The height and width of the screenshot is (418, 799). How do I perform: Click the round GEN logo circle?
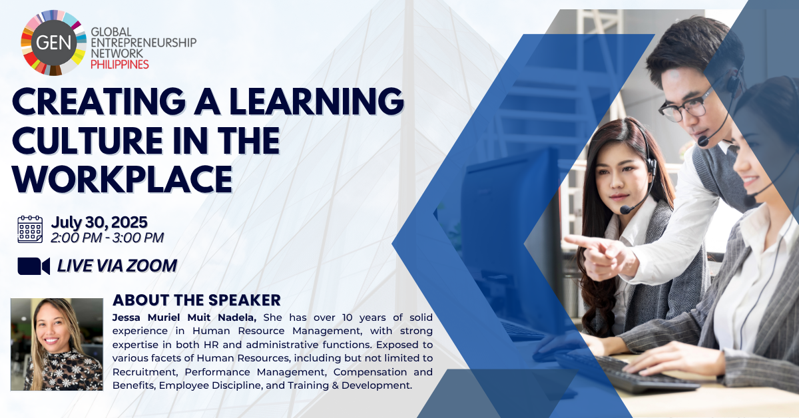tap(53, 43)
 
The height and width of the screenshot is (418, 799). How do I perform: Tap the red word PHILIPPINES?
tap(119, 65)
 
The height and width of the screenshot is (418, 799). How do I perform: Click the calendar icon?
tap(31, 230)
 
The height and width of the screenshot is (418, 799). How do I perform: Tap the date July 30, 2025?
tap(99, 222)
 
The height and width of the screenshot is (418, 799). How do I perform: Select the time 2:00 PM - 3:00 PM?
tap(107, 238)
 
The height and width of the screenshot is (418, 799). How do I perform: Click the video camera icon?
tap(33, 266)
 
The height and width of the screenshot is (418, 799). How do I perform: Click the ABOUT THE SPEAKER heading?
tap(196, 300)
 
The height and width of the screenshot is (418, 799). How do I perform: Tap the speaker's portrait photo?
tap(57, 344)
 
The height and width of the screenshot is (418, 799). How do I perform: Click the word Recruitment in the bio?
tap(145, 372)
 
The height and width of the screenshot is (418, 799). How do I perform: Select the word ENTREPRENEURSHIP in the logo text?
tap(144, 43)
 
